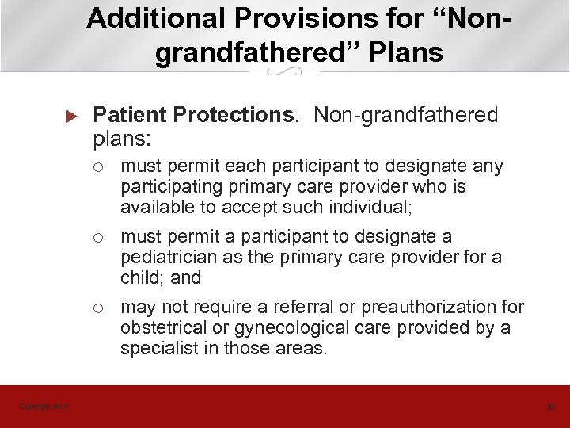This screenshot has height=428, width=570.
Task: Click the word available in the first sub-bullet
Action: tap(154, 207)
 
